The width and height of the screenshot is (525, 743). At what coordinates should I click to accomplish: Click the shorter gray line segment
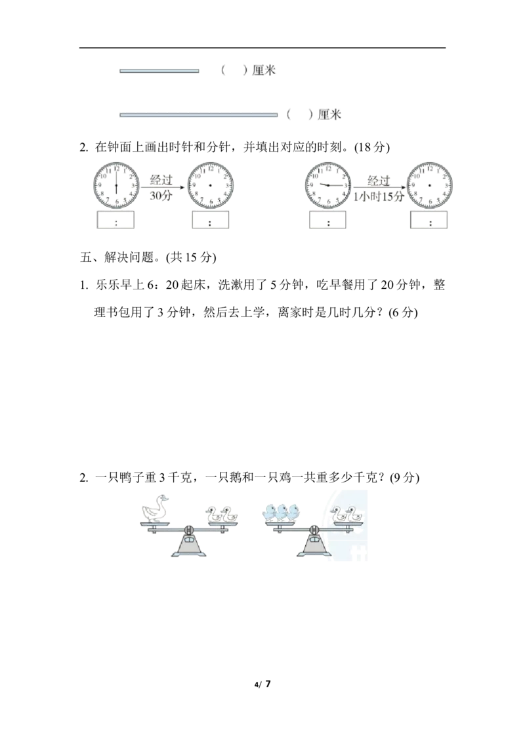coord(159,71)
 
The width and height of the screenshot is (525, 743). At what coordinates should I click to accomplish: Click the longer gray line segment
coord(199,115)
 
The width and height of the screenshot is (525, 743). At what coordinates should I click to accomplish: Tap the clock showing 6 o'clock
coord(116,185)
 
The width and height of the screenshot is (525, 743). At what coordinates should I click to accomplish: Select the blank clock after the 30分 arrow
coord(211,185)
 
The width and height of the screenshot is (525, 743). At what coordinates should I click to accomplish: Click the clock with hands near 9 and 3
coord(328,185)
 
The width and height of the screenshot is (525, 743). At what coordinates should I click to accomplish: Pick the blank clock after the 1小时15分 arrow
coord(429,185)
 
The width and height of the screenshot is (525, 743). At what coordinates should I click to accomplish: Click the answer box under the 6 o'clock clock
coord(115,220)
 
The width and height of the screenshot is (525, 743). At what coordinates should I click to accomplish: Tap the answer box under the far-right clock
coord(429,220)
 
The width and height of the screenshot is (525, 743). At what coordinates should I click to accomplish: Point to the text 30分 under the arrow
coord(161,196)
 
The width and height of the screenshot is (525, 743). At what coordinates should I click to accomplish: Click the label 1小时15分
coord(379,196)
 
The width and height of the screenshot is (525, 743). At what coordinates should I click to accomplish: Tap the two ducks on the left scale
coord(221,514)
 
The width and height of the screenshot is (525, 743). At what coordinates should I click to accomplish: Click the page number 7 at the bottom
coord(268,684)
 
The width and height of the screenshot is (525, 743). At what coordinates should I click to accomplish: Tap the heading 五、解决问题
coord(117,257)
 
